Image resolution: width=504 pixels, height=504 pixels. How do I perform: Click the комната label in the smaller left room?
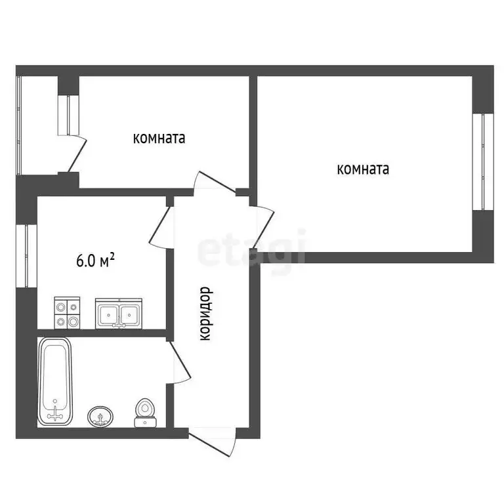(159, 138)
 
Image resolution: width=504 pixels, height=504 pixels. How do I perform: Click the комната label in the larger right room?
(363, 169)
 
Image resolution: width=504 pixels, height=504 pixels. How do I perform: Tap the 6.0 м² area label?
(96, 261)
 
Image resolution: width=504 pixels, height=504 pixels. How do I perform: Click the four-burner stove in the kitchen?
(67, 312)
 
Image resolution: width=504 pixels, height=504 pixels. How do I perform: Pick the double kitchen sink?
(119, 313)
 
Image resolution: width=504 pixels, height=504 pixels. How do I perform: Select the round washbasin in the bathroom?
(100, 415)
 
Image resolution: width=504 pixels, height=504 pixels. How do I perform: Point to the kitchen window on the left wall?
(27, 256)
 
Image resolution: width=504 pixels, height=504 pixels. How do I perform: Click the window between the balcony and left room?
(68, 115)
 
